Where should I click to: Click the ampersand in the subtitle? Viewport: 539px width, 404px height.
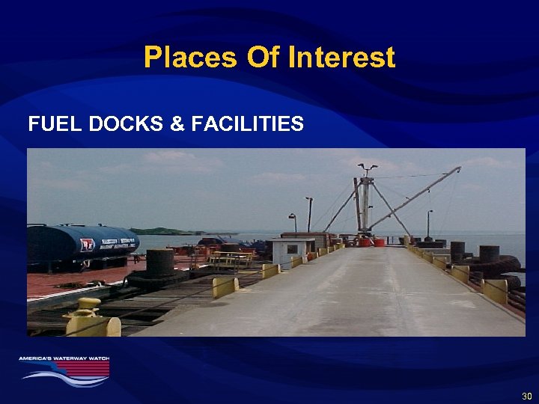coord(178,124)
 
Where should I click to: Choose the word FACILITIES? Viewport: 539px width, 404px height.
coord(248,124)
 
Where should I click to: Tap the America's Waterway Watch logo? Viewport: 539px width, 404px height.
coord(64,370)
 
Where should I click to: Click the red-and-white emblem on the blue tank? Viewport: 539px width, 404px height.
coord(87,245)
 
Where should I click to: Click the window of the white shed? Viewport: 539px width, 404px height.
coord(292,249)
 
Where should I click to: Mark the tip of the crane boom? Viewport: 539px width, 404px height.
coord(457,168)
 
